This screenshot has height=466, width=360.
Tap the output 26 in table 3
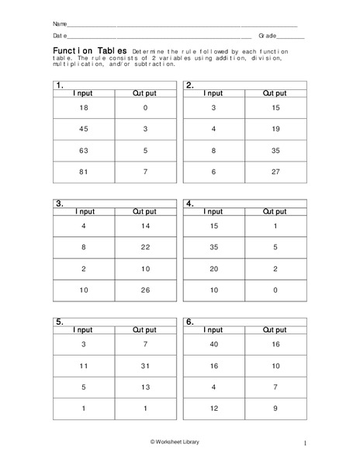145,290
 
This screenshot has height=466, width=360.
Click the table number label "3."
59,203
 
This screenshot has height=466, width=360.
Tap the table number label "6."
189,321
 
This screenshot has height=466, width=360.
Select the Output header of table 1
145,92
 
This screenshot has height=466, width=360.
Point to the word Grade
267,36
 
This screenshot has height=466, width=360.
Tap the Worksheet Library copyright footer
179,441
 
